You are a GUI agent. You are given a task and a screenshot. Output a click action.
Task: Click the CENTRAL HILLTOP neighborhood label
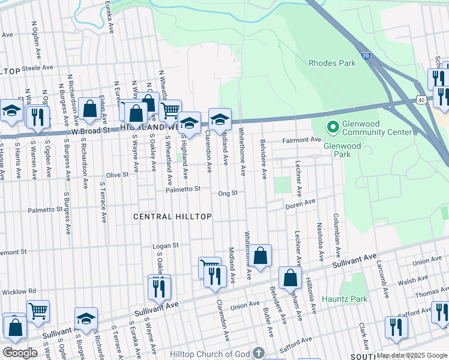pos(172,216)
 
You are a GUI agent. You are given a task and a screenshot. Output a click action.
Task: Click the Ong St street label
pos(228,193)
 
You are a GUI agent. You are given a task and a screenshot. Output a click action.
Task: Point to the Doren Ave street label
pos(300,204)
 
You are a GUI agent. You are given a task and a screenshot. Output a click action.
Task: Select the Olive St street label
pos(117,175)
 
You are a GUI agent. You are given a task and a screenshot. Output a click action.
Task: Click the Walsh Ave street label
pos(412,280)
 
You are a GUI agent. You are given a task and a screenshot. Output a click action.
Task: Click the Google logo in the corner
pos(20,353)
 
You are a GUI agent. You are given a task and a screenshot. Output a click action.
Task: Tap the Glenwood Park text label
pos(342,146)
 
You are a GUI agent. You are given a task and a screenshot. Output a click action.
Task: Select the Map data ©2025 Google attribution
pos(411,355)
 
